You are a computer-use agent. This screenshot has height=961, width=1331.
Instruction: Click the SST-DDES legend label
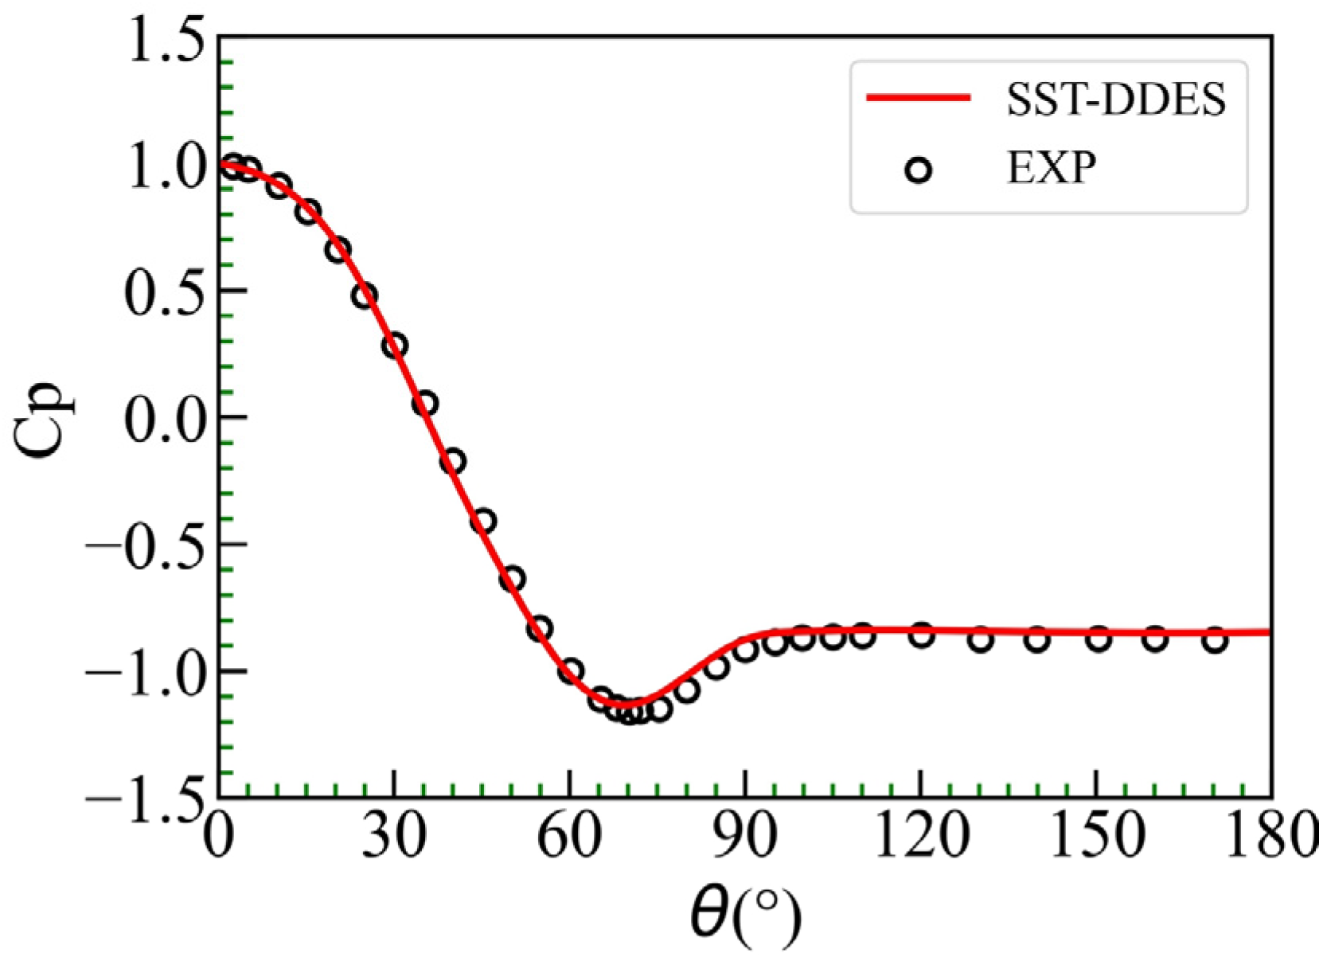pos(1115,100)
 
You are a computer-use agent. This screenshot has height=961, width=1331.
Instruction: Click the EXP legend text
pos(1051,168)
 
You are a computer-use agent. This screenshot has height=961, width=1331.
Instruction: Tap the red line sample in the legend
pos(918,98)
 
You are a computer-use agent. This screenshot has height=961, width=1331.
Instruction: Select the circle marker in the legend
pos(919,170)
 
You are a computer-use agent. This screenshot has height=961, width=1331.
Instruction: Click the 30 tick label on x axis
pos(393,838)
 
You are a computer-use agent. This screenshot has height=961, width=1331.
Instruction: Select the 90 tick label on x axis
pos(744,838)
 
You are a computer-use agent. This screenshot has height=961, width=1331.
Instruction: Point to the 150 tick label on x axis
pos(1096,838)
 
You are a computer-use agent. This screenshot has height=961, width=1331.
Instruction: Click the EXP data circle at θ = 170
pos(1214,639)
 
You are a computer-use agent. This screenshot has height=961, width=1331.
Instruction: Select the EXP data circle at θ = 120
pos(921,635)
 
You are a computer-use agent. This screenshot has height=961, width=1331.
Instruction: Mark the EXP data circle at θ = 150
pos(1098,639)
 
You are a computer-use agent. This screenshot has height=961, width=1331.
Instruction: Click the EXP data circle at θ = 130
pos(981,639)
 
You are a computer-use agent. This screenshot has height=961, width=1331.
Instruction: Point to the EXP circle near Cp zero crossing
pos(425,404)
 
